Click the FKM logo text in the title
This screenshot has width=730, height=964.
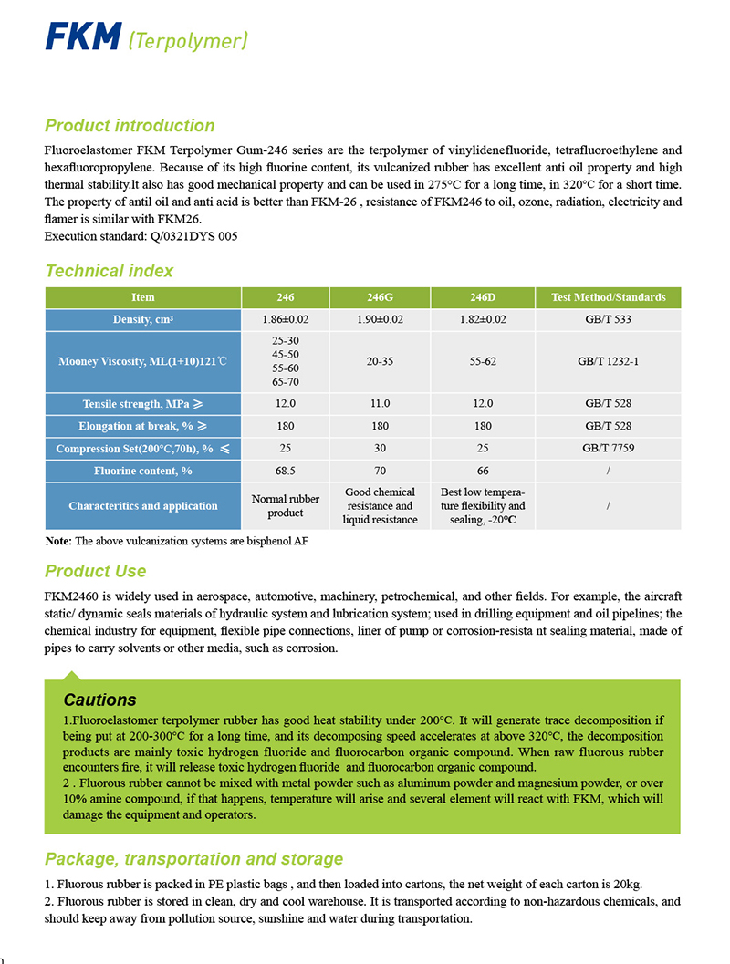point(83,37)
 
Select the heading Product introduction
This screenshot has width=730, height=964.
point(130,126)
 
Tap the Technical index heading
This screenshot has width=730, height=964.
point(109,271)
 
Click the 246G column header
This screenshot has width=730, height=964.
point(380,297)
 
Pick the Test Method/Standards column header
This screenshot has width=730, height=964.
point(608,297)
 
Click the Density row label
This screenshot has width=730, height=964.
point(143,319)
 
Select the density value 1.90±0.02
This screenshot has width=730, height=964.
point(380,319)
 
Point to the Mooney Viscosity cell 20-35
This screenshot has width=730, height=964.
point(380,361)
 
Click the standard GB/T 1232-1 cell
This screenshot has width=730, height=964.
point(608,361)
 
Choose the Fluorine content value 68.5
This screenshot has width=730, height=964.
point(286,471)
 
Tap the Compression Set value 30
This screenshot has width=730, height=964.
point(380,448)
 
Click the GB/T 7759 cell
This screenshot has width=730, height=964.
point(608,448)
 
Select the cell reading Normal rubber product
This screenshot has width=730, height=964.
point(286,506)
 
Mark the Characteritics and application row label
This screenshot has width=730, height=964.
point(143,506)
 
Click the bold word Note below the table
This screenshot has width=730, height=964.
point(58,541)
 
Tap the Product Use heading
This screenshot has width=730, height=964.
point(95,572)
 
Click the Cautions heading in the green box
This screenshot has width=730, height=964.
point(99,700)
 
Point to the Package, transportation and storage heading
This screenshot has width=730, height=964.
point(193,859)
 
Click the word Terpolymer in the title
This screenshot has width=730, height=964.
point(188,41)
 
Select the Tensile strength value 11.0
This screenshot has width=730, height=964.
point(380,403)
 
